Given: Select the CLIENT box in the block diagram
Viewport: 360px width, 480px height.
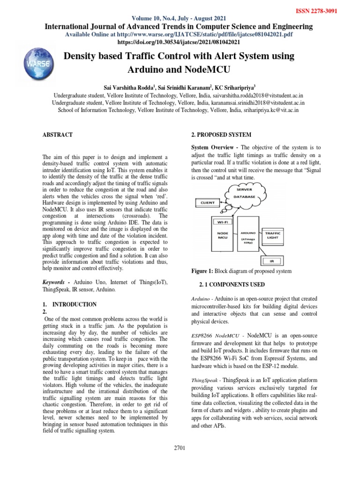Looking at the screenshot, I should tap(207, 203).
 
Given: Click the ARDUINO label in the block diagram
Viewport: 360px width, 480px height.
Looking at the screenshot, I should tap(247, 232).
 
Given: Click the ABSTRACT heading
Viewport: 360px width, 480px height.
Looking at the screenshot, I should tap(58, 135).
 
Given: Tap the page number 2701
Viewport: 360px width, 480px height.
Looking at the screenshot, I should tap(180, 448).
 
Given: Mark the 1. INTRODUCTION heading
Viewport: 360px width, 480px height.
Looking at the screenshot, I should tap(69, 304).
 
